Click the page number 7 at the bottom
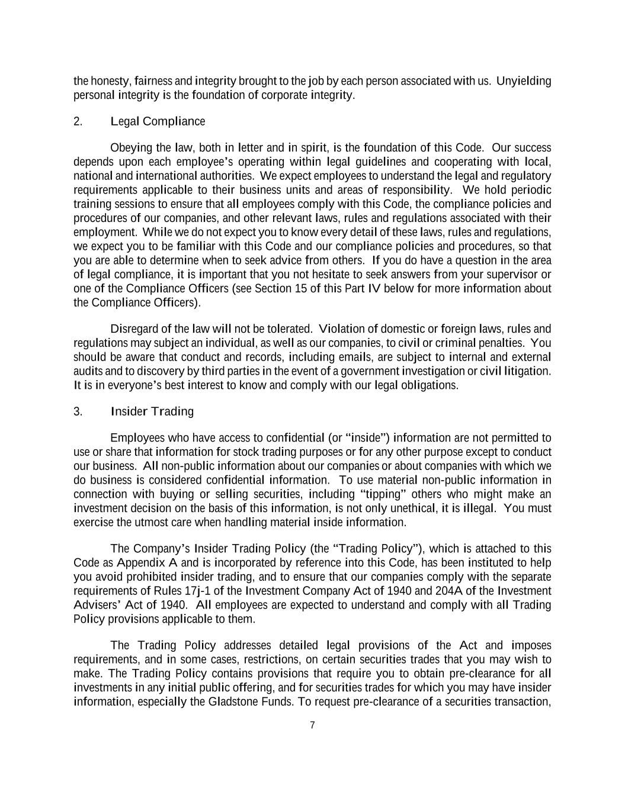pyautogui.click(x=312, y=725)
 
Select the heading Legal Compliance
pyautogui.click(x=158, y=121)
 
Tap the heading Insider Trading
pyautogui.click(x=152, y=411)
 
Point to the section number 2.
pyautogui.click(x=78, y=121)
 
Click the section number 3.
pyautogui.click(x=78, y=411)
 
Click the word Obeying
pyautogui.click(x=132, y=147)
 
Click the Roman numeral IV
pyautogui.click(x=374, y=288)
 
